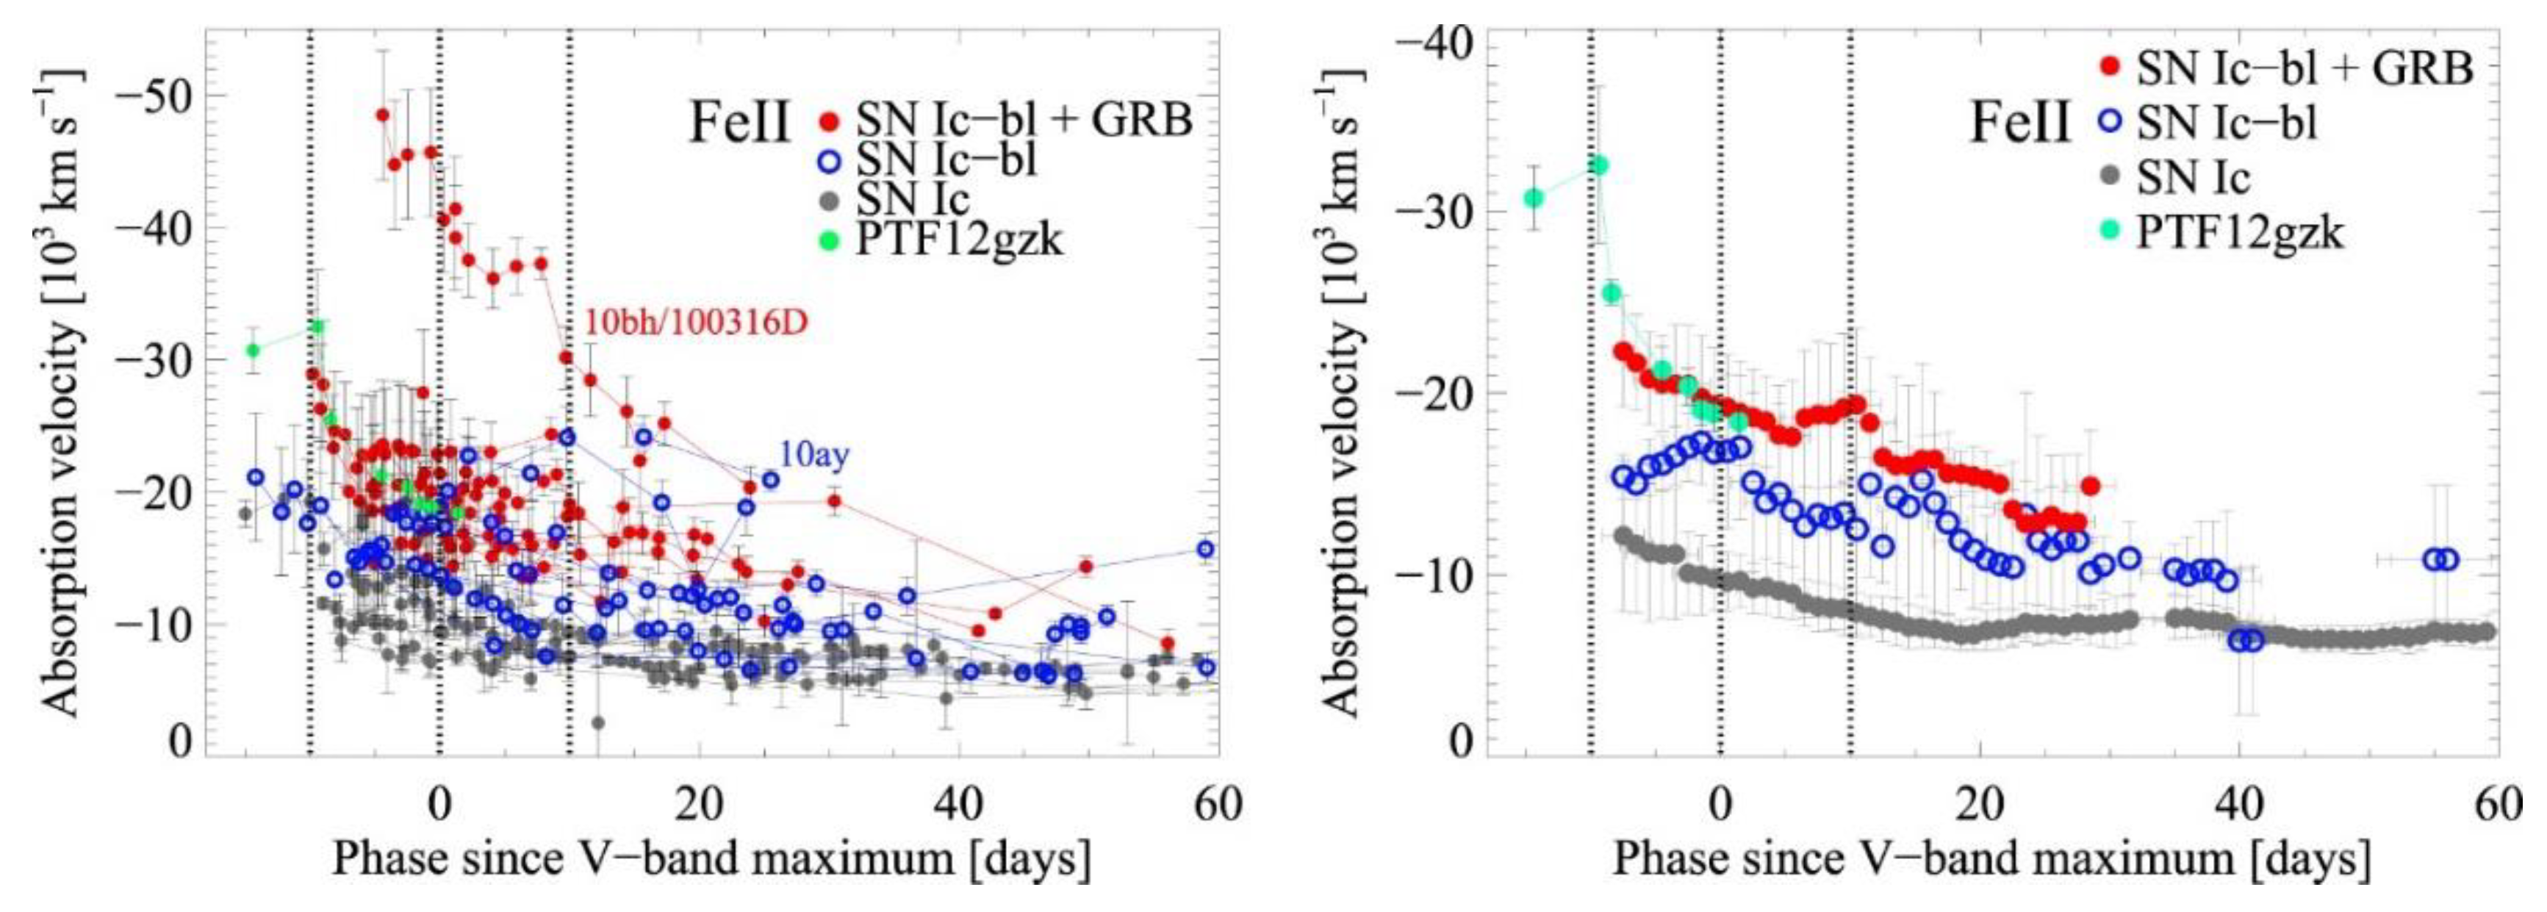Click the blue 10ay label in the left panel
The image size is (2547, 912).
[813, 455]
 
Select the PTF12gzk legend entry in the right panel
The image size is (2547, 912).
[2241, 234]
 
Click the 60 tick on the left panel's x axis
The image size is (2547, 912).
[1217, 804]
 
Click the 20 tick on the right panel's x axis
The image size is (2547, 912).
[1980, 804]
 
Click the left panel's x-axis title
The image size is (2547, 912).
[712, 858]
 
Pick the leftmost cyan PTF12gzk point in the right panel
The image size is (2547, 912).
[1534, 198]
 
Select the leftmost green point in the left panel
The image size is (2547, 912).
[253, 350]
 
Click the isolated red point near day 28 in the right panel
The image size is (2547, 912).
[2090, 486]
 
